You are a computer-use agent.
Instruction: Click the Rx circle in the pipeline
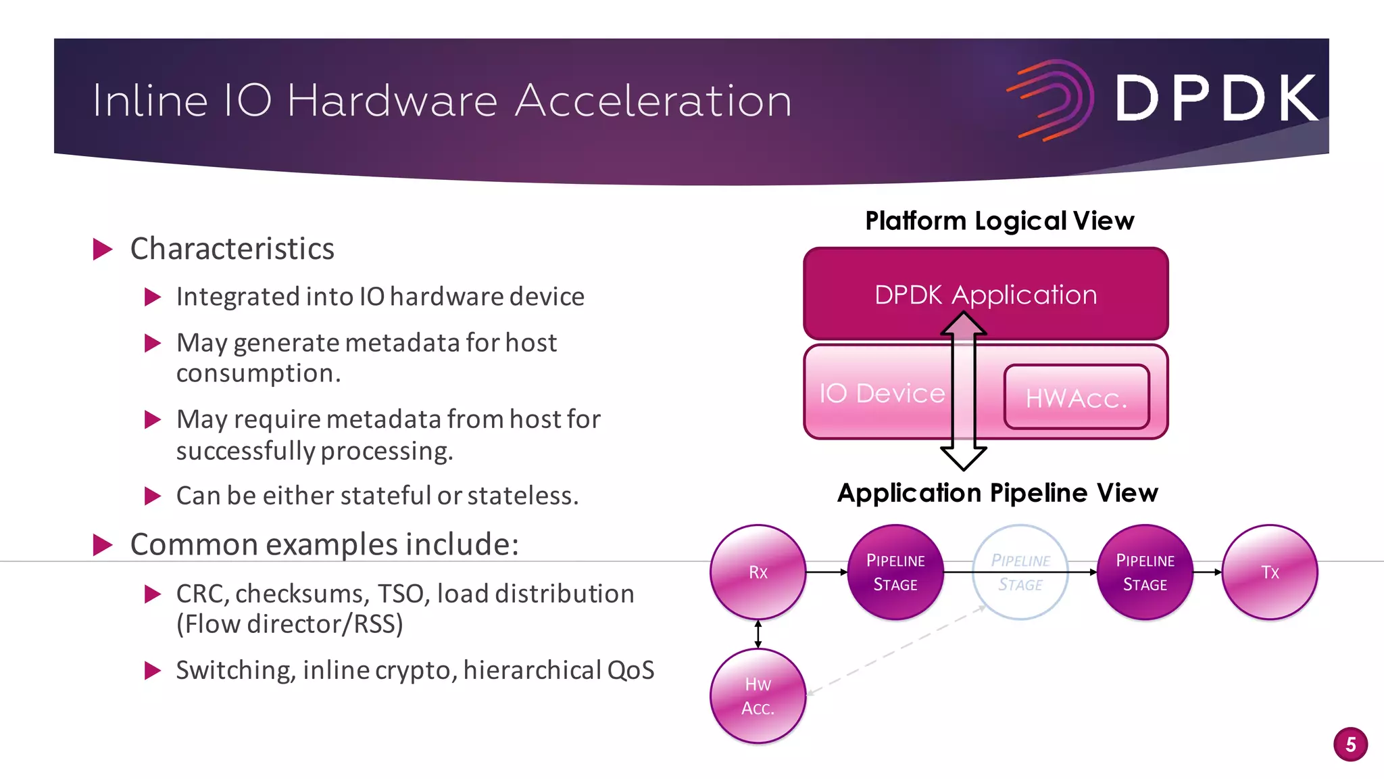(758, 572)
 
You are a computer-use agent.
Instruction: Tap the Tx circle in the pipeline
(1270, 572)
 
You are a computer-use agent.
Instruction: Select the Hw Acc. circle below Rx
(758, 696)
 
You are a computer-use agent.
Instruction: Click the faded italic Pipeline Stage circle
(1020, 572)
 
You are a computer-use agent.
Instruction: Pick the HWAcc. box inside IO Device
(1077, 398)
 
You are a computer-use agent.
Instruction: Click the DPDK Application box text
(985, 295)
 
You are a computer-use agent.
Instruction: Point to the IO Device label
(882, 393)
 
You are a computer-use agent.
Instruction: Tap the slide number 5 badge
(1350, 745)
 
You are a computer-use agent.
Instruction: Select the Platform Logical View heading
(999, 221)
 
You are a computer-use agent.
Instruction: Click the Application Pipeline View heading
(997, 493)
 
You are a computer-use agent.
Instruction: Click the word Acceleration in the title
(653, 101)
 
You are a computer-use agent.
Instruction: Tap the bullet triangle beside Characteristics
(103, 250)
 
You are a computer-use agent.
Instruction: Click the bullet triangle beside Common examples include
(103, 544)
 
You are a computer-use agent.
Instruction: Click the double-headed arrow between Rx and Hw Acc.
(758, 634)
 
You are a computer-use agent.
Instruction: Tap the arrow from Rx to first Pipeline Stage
(826, 572)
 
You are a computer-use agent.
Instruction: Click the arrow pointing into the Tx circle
(1208, 572)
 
